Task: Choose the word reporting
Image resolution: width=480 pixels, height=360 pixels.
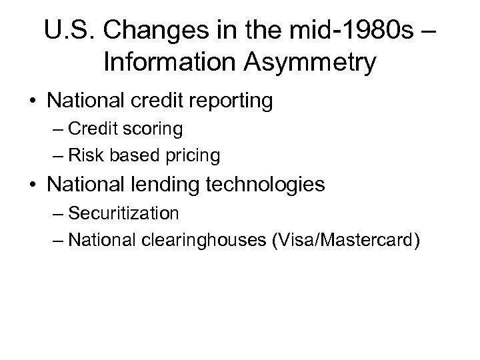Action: tap(229, 101)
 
